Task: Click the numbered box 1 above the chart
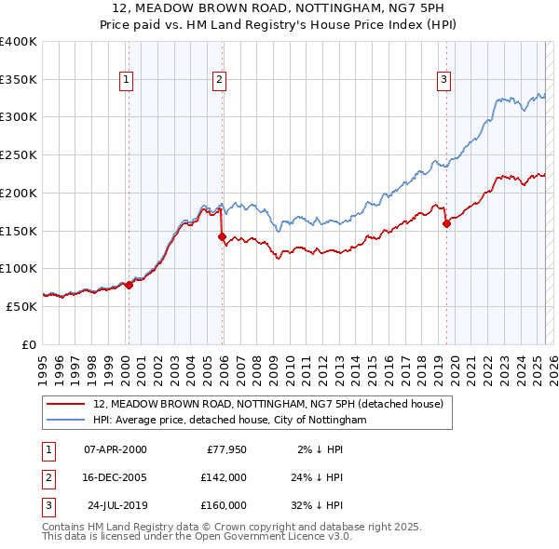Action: [126, 81]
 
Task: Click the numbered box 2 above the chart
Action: [219, 81]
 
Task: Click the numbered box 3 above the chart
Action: [444, 81]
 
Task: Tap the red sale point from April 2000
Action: [130, 286]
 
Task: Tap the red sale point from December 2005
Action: [223, 237]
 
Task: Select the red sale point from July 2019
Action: [446, 223]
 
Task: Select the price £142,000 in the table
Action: [224, 477]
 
